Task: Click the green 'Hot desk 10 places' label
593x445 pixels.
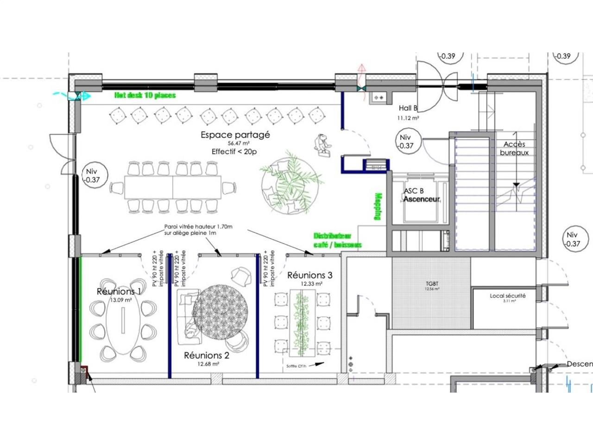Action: pyautogui.click(x=145, y=95)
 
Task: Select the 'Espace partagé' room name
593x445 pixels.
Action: pyautogui.click(x=235, y=135)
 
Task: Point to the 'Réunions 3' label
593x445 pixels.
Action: pyautogui.click(x=309, y=275)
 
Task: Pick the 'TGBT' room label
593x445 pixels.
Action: pyautogui.click(x=432, y=284)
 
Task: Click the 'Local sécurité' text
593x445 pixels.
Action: pyautogui.click(x=508, y=296)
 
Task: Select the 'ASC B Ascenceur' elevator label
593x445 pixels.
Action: pyautogui.click(x=421, y=195)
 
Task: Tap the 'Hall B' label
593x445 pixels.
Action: pyautogui.click(x=408, y=108)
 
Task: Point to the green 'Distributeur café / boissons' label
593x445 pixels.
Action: pyautogui.click(x=337, y=241)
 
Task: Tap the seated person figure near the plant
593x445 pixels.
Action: pyautogui.click(x=322, y=143)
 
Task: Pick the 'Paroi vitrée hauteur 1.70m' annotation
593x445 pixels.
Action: pyautogui.click(x=198, y=230)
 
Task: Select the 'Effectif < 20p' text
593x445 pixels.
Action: pyautogui.click(x=234, y=152)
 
